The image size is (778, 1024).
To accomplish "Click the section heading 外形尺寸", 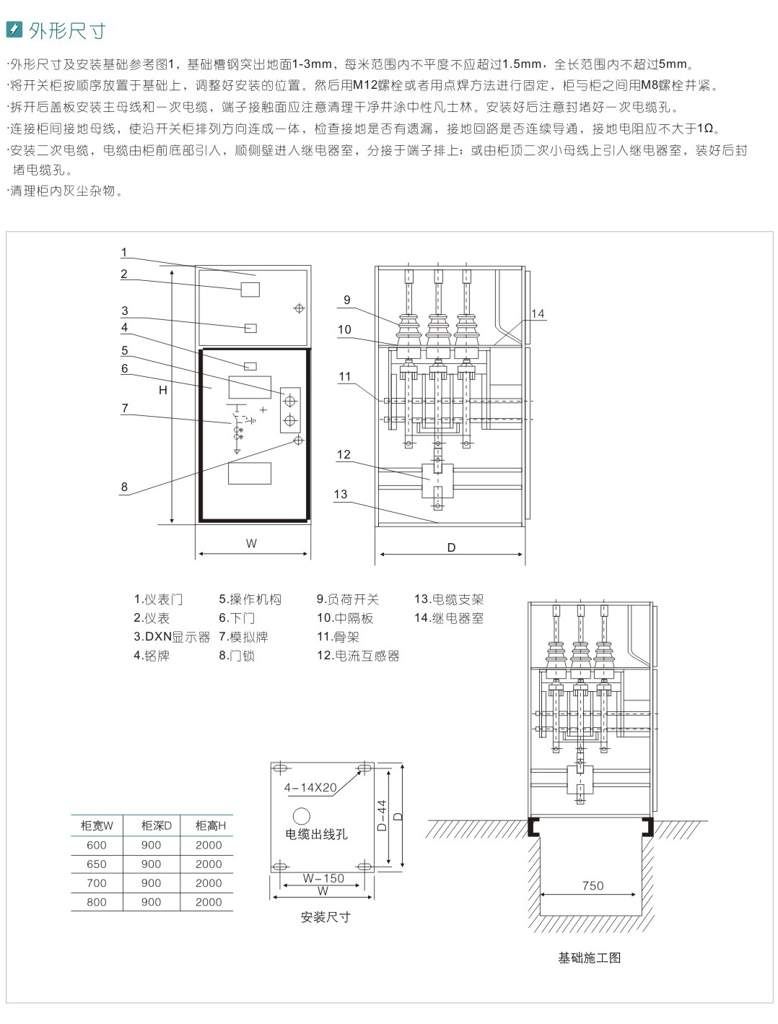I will [67, 30].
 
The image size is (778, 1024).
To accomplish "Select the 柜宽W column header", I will [97, 825].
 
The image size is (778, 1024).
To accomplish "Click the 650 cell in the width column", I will [97, 864].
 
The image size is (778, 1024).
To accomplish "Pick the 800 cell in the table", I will [97, 902].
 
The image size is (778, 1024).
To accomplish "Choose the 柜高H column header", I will [210, 825].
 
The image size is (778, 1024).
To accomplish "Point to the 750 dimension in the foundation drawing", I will [593, 885].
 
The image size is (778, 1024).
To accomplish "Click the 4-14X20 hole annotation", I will [310, 788].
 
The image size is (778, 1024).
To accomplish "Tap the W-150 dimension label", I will [323, 878].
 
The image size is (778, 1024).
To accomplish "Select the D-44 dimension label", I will [382, 815].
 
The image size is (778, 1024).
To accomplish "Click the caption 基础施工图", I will [589, 958].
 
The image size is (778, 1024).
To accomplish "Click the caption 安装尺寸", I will [325, 917].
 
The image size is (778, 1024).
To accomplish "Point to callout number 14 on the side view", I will [538, 313].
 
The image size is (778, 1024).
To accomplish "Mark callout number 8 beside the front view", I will [124, 487].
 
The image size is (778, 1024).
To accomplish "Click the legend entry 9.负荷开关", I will [347, 599].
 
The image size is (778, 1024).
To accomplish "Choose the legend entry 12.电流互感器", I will [358, 656].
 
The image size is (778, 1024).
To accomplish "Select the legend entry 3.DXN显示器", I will [172, 637].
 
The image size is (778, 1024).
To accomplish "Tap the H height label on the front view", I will [163, 390].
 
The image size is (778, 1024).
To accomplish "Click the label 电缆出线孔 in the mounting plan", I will [316, 834].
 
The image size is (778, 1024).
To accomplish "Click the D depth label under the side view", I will [451, 547].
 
